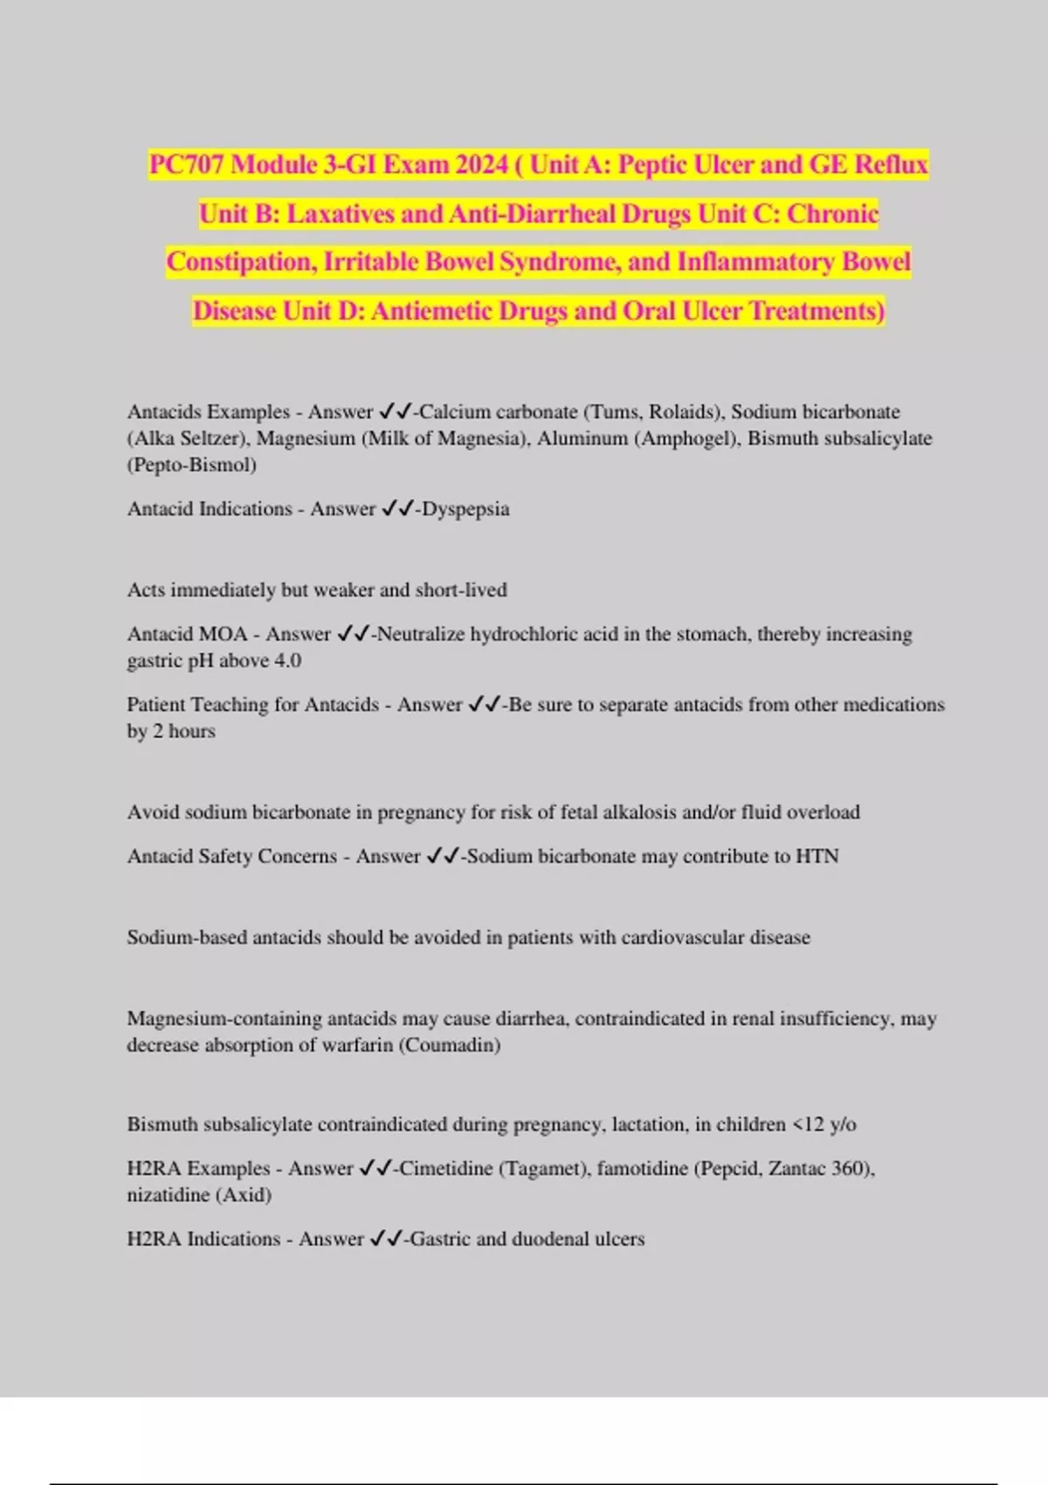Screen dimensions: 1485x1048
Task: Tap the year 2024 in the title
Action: [479, 164]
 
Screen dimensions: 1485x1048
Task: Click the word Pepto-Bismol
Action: [192, 465]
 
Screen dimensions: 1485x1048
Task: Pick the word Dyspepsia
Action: [465, 508]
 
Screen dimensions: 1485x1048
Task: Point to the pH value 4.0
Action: [287, 660]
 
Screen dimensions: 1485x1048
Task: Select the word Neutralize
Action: [421, 634]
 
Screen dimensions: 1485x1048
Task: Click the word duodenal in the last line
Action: [550, 1239]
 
